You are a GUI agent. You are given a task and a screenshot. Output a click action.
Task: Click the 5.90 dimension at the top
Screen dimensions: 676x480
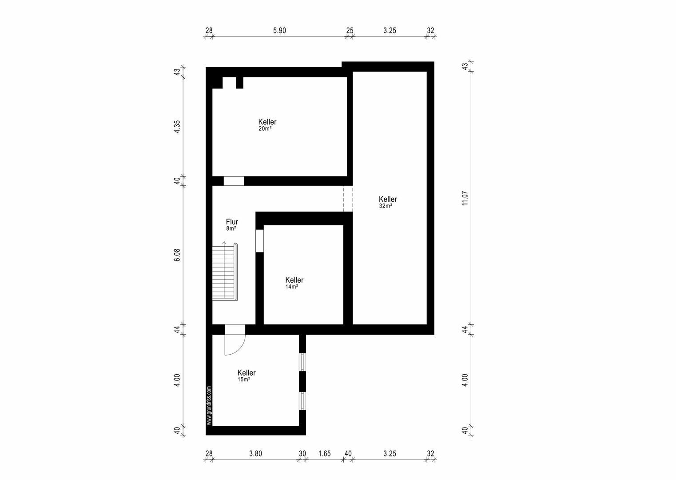pyautogui.click(x=279, y=31)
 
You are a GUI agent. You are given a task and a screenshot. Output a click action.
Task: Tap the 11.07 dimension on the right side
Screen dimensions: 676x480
pyautogui.click(x=465, y=198)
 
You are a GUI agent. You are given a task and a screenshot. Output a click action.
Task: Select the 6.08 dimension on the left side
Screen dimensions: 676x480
pyautogui.click(x=177, y=255)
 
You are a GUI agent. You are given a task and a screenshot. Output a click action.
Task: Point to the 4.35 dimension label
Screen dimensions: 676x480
pyautogui.click(x=177, y=127)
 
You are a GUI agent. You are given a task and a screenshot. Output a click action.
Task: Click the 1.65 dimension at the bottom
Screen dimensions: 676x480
pyautogui.click(x=324, y=453)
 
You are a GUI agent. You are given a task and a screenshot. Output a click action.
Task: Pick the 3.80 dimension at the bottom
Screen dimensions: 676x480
pyautogui.click(x=256, y=453)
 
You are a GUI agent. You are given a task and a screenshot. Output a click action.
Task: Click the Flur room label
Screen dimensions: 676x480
pyautogui.click(x=232, y=221)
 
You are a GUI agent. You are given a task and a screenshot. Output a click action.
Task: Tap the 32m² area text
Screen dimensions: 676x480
pyautogui.click(x=386, y=206)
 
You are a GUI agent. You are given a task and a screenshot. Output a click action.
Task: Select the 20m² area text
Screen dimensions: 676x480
pyautogui.click(x=265, y=129)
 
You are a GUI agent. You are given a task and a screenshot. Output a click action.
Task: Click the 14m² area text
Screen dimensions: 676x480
pyautogui.click(x=292, y=287)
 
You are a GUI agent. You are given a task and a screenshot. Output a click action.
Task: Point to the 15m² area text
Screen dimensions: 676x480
pyautogui.click(x=244, y=380)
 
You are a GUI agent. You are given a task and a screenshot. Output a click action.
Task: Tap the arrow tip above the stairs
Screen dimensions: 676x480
pyautogui.click(x=224, y=242)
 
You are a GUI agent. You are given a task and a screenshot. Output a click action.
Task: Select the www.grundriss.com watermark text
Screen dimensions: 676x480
pyautogui.click(x=209, y=405)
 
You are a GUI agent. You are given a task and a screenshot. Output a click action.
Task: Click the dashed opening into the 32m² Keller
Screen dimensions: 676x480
pyautogui.click(x=348, y=199)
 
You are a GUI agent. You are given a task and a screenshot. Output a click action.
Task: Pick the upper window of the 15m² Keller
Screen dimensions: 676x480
pyautogui.click(x=302, y=362)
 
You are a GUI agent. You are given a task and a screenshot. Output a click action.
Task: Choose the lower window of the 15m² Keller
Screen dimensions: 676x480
pyautogui.click(x=302, y=401)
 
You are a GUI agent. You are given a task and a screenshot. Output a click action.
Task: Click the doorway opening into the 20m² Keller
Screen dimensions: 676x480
pyautogui.click(x=234, y=181)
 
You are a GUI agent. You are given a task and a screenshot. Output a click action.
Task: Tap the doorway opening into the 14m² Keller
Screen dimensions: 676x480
pyautogui.click(x=259, y=241)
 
